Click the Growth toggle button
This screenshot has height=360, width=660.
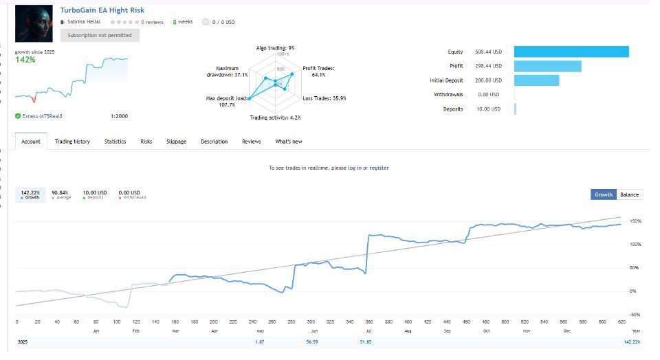click(603, 194)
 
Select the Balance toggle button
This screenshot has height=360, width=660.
click(629, 194)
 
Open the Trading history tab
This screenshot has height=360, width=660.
click(72, 142)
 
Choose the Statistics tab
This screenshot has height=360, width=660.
click(115, 142)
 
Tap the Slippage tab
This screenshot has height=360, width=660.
click(177, 142)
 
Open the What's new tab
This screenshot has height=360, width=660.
click(289, 142)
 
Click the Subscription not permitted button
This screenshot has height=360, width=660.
click(100, 35)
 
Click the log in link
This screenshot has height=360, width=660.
click(355, 168)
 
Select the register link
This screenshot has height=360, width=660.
click(379, 168)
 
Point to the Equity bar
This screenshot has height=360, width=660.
click(571, 52)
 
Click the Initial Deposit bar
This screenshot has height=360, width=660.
click(536, 80)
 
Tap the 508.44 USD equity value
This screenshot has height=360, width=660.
click(488, 52)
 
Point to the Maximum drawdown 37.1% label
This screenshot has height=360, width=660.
click(231, 71)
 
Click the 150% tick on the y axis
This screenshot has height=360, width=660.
click(634, 221)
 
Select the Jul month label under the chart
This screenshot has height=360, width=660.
click(370, 331)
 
